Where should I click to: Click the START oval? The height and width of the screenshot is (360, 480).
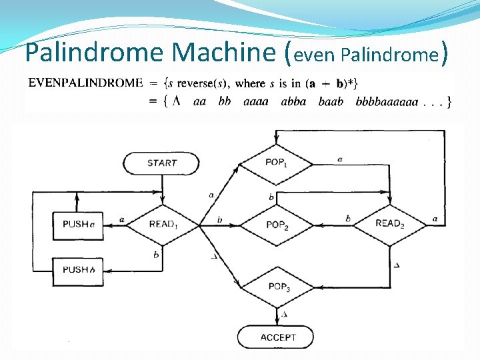pos(161,163)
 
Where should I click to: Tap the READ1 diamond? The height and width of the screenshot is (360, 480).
pos(163,224)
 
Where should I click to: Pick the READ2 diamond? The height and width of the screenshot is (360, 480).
pos(390,223)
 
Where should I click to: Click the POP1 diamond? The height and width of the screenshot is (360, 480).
pos(276,163)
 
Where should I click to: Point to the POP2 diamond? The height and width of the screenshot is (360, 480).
pos(276,225)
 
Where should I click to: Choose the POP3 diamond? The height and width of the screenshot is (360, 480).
pos(276,287)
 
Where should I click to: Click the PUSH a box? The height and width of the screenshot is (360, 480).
pos(78,224)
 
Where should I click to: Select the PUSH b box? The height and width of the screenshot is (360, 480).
pos(78,270)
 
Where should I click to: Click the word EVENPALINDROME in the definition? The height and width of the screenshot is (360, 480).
pos(85,83)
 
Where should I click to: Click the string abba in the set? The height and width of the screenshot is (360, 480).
pos(293,102)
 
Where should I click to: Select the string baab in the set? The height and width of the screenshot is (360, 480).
pos(331,102)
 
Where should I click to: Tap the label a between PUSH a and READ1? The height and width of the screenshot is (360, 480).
pos(122,219)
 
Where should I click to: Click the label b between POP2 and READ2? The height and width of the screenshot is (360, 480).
pos(348,219)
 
